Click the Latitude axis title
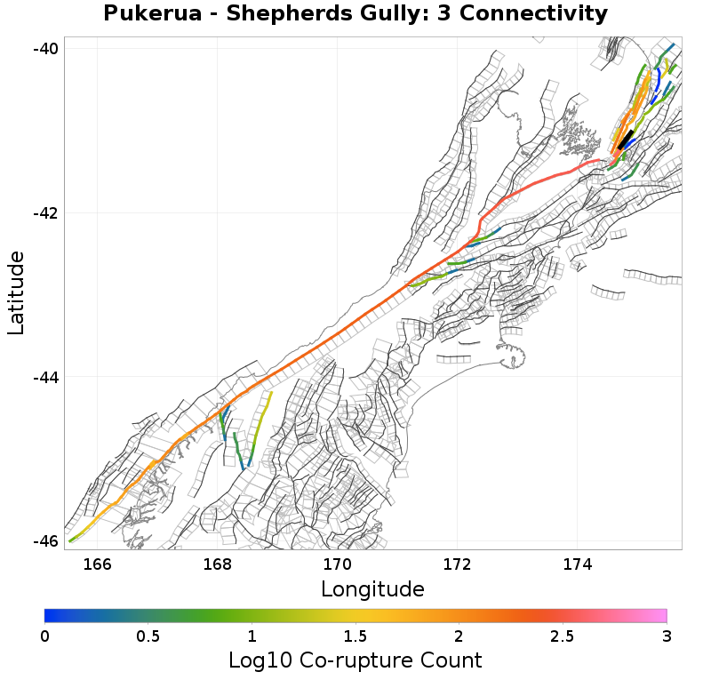16,292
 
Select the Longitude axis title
372,589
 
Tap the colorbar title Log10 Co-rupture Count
355,660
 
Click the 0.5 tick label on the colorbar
148,636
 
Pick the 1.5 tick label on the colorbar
355,636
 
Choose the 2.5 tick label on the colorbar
562,636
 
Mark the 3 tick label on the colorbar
666,636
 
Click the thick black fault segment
626,140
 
